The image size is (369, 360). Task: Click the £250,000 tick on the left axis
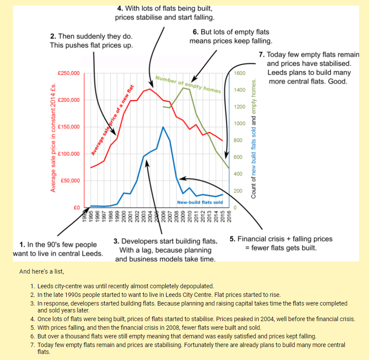69,73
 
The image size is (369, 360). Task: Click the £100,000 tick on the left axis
69,154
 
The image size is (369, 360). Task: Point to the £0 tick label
77,208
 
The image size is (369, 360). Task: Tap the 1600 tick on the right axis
239,73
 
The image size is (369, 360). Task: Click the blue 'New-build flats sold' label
200,202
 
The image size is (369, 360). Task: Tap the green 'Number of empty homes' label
188,85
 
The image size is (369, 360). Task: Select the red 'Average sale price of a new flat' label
112,120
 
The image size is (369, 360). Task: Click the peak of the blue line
163,127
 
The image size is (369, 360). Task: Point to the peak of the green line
183,88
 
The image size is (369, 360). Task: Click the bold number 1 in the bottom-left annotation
22,245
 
